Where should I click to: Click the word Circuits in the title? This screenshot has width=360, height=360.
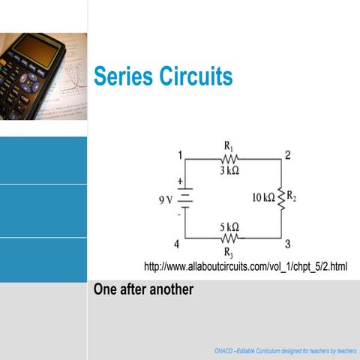coord(196,76)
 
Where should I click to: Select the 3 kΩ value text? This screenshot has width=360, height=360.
coord(229,171)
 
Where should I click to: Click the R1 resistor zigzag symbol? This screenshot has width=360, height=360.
coord(229,158)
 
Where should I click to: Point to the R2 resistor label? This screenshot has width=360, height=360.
coord(292,198)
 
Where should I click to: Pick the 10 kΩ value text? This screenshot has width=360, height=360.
coord(263,199)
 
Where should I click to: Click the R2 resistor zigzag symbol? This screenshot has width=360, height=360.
coord(281,199)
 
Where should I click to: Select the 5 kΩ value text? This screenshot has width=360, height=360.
coord(229,226)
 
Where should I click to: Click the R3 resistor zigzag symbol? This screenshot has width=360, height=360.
coord(229,238)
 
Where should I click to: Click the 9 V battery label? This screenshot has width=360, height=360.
coord(166,199)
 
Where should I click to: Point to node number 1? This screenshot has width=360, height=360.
coord(180,156)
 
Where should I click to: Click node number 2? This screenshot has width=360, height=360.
coord(287,156)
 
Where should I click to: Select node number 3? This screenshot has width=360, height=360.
coord(287,244)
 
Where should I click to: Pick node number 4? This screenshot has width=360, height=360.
coord(177,244)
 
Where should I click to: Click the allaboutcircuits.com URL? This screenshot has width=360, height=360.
coord(245,266)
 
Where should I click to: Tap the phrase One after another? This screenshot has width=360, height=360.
coord(143,289)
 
